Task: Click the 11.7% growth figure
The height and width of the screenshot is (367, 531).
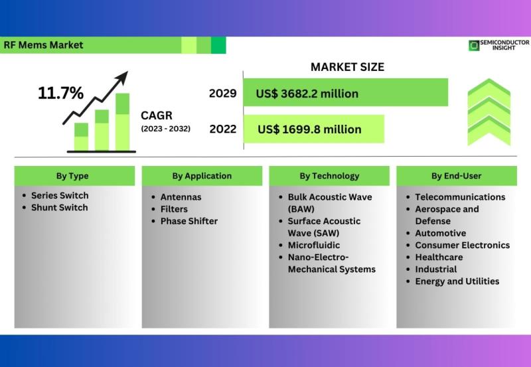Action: pyautogui.click(x=60, y=93)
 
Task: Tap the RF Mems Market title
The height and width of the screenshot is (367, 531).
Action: pyautogui.click(x=43, y=45)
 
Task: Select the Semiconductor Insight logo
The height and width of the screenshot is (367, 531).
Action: pyautogui.click(x=499, y=45)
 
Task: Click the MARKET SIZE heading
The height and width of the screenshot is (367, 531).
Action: pyautogui.click(x=347, y=66)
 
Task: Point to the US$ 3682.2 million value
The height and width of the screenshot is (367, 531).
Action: pyautogui.click(x=307, y=94)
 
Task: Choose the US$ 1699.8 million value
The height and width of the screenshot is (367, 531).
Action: pyautogui.click(x=309, y=129)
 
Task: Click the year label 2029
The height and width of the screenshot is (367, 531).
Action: pyautogui.click(x=222, y=94)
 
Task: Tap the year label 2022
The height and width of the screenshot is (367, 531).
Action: pyautogui.click(x=223, y=129)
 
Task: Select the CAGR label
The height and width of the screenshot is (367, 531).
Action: pyautogui.click(x=157, y=115)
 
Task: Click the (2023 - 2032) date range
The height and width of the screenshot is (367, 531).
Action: pyautogui.click(x=165, y=129)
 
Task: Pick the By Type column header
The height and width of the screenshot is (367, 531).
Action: pyautogui.click(x=72, y=176)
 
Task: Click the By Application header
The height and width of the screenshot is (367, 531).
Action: pyautogui.click(x=202, y=176)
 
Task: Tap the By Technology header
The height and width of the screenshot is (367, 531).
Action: pyautogui.click(x=329, y=176)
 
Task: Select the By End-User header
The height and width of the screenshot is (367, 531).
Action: pyautogui.click(x=456, y=176)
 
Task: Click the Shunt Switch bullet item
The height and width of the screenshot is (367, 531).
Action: pyautogui.click(x=60, y=208)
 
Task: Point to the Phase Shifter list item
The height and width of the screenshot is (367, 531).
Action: pyautogui.click(x=189, y=221)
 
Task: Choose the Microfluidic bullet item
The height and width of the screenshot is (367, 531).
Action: pyautogui.click(x=314, y=245)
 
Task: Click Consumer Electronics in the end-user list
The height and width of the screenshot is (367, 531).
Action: pyautogui.click(x=462, y=245)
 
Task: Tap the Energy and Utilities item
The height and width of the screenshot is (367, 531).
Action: pyautogui.click(x=457, y=281)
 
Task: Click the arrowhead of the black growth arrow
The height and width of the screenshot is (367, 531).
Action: pyautogui.click(x=123, y=77)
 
